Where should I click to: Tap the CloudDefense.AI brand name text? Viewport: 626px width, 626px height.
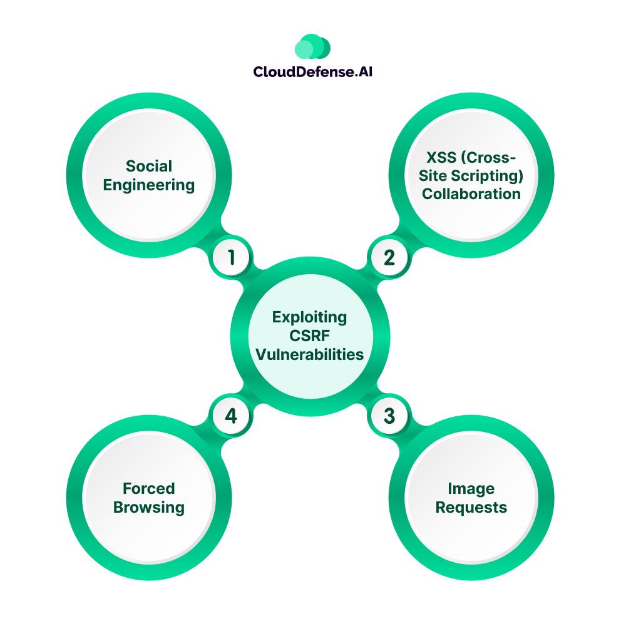tap(313, 72)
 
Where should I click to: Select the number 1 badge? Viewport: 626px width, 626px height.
tap(232, 257)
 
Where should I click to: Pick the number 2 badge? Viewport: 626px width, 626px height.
tap(389, 257)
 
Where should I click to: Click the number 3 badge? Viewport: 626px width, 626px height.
tap(389, 416)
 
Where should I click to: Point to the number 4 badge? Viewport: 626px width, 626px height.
tap(232, 416)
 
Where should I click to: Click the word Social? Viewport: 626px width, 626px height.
tap(149, 166)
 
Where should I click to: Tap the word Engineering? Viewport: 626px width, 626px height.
tap(149, 185)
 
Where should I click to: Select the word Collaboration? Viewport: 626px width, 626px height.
tap(471, 193)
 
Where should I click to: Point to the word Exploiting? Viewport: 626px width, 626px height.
tap(309, 317)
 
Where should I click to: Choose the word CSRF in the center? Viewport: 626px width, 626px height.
tap(309, 336)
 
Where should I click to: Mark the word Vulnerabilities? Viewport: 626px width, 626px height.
tap(309, 354)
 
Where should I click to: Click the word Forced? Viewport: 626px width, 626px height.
tap(149, 488)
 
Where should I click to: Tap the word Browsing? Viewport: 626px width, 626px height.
tap(149, 507)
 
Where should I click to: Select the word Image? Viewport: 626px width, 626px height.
tap(471, 488)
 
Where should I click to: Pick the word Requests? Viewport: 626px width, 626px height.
tap(471, 507)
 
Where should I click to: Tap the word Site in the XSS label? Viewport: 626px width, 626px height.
tap(434, 175)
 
